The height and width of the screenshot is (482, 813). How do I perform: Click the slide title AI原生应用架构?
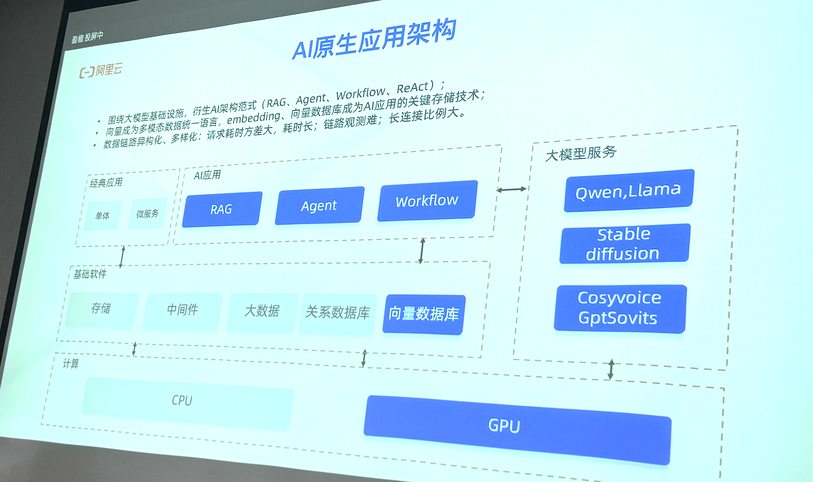tap(374, 40)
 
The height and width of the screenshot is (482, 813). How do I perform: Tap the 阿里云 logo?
tap(101, 71)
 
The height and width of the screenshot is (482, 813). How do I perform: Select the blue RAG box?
tap(222, 209)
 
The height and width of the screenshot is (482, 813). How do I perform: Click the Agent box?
tap(319, 206)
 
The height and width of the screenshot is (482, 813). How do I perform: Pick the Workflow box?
tap(427, 200)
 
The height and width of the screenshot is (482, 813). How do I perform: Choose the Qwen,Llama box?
tap(628, 191)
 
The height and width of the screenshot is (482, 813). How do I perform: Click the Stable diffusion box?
tap(624, 243)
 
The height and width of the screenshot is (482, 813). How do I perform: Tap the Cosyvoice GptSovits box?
tap(619, 308)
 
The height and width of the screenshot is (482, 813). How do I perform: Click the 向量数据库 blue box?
tap(423, 314)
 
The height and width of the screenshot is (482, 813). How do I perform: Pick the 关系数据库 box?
tap(338, 312)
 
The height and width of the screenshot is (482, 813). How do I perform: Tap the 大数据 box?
tap(262, 311)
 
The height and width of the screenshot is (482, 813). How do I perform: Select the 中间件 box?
tap(182, 310)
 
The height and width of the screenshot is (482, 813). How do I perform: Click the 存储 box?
tap(101, 309)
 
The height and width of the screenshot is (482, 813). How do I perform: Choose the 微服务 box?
tap(147, 214)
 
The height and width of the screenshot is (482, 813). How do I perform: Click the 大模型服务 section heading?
tap(580, 153)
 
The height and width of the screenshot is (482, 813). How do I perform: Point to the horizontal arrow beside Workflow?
tap(511, 189)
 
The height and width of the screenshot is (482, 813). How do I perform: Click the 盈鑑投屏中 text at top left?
tap(87, 37)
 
